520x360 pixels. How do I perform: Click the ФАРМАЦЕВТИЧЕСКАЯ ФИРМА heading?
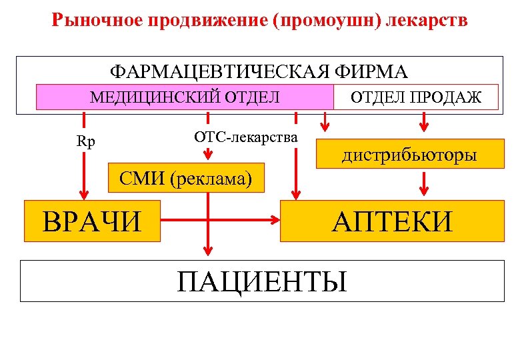point(259,71)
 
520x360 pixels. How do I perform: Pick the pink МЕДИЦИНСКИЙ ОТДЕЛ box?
point(185,97)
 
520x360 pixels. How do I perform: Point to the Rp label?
point(85,142)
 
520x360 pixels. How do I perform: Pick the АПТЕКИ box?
point(392,221)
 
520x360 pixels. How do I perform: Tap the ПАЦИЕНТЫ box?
point(261,281)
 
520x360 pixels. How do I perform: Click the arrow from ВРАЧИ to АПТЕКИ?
point(220,219)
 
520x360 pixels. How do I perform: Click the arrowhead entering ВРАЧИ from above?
point(85,194)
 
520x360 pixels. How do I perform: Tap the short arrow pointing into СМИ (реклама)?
point(208,153)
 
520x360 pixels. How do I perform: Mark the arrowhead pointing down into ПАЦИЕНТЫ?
point(208,251)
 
